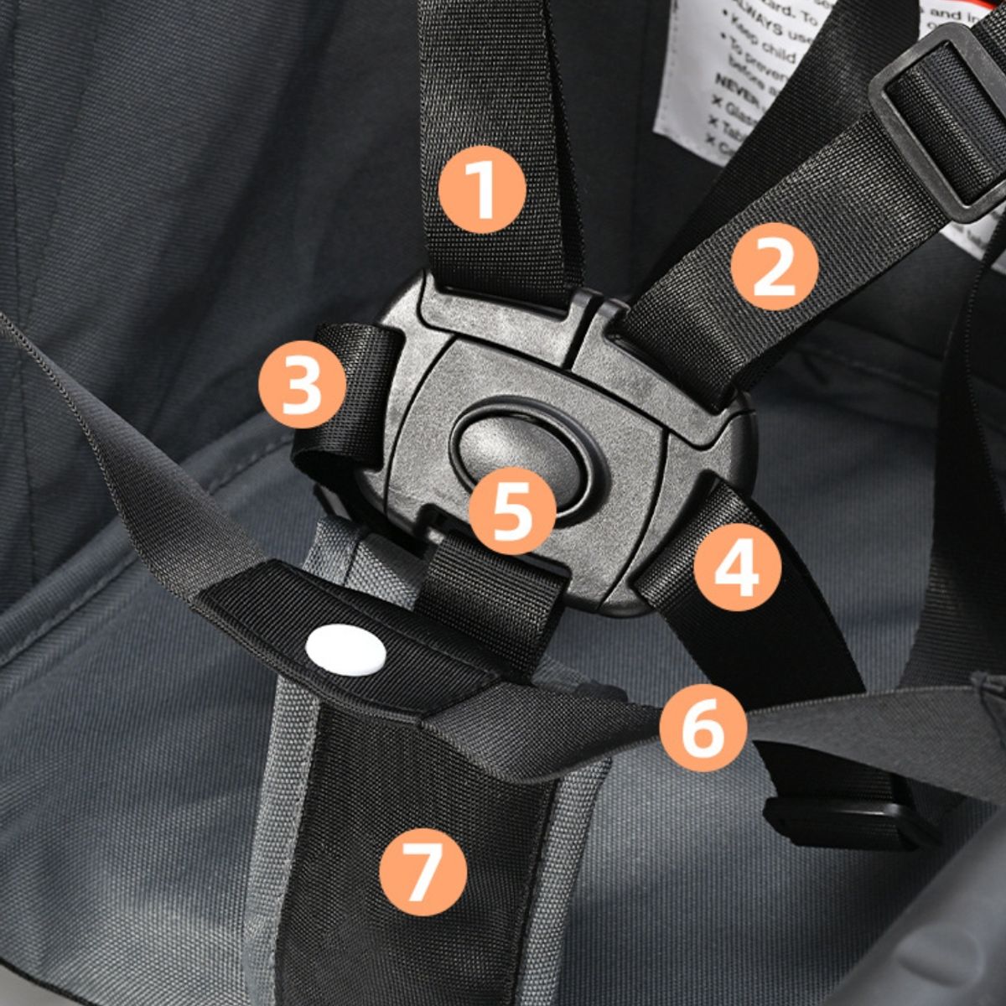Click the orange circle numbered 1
pos(482,190)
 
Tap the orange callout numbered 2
pos(774,267)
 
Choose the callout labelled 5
pos(512,511)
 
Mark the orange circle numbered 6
pos(703,727)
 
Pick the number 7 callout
pos(422,870)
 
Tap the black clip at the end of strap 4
pos(847,822)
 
